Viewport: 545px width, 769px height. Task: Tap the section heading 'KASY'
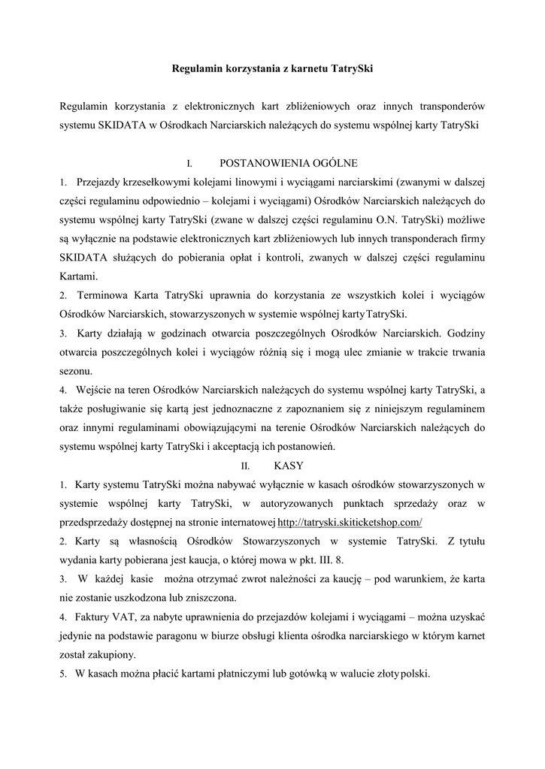(x=289, y=465)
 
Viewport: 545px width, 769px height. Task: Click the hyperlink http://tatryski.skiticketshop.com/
(x=350, y=522)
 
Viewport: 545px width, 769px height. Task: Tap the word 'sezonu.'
(x=77, y=370)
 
